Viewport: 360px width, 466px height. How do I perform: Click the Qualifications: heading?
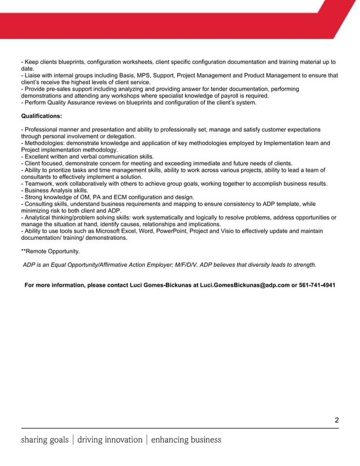click(41, 116)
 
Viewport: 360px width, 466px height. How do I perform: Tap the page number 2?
click(336, 420)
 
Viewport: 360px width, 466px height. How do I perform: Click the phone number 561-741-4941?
click(317, 285)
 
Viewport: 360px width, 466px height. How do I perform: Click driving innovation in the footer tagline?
click(110, 439)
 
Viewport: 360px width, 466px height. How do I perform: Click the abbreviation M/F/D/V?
click(171, 265)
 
